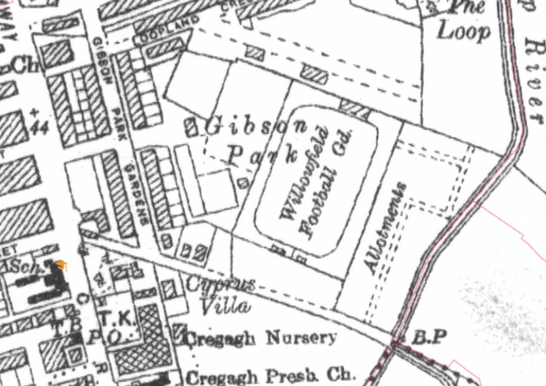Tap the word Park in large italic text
click(262, 153)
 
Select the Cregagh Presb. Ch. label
click(271, 376)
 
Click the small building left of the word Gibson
click(192, 127)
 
